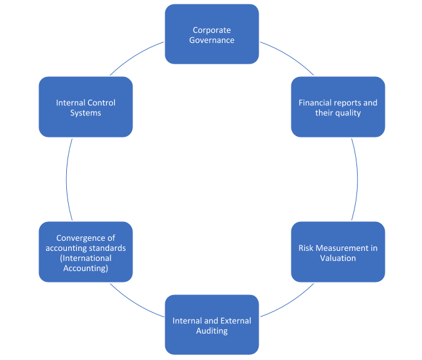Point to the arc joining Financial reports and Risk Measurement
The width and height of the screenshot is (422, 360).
click(357, 180)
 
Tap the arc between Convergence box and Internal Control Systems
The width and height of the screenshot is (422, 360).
click(67, 180)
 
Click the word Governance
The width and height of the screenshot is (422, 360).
click(212, 40)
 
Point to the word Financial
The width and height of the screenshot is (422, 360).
click(315, 103)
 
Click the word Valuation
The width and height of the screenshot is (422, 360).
click(338, 258)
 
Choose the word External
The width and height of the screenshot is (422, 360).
click(234, 321)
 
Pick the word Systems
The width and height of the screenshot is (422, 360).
click(86, 113)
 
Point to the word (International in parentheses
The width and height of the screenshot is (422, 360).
click(85, 258)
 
